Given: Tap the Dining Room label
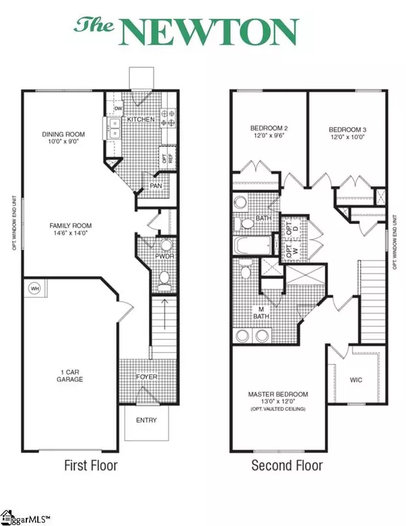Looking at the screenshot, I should [62, 134].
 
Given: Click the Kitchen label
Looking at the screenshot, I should [141, 120].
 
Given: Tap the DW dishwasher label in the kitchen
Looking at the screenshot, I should [118, 108].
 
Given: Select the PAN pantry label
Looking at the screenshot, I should [155, 185].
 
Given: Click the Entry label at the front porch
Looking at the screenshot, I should [146, 420].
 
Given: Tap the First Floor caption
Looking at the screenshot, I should [90, 466].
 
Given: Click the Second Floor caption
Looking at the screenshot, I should [287, 466].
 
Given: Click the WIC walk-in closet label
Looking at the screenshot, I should [356, 380].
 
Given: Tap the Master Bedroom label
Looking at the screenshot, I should [278, 394].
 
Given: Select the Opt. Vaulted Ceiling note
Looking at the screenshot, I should [278, 411].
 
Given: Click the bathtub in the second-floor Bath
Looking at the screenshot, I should [254, 245].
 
